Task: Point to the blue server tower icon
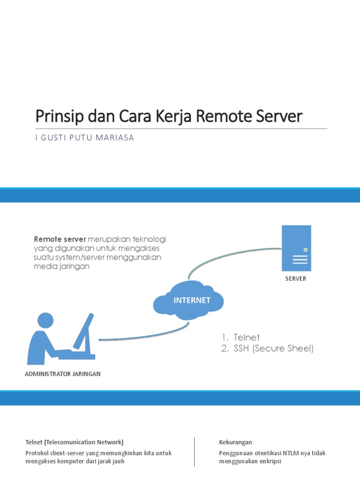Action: coord(296,248)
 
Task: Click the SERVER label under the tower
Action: coord(296,278)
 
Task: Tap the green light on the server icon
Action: coord(305,250)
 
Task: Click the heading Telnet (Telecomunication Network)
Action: coord(75,442)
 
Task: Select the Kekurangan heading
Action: coord(235,442)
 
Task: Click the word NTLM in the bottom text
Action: coord(290,453)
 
